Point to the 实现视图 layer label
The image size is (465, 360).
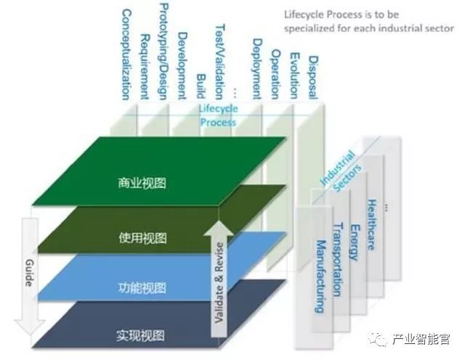tap(141, 335)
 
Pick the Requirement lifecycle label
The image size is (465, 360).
tap(145, 66)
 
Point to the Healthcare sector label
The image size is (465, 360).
tap(372, 224)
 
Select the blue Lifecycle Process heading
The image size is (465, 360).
tap(217, 115)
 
